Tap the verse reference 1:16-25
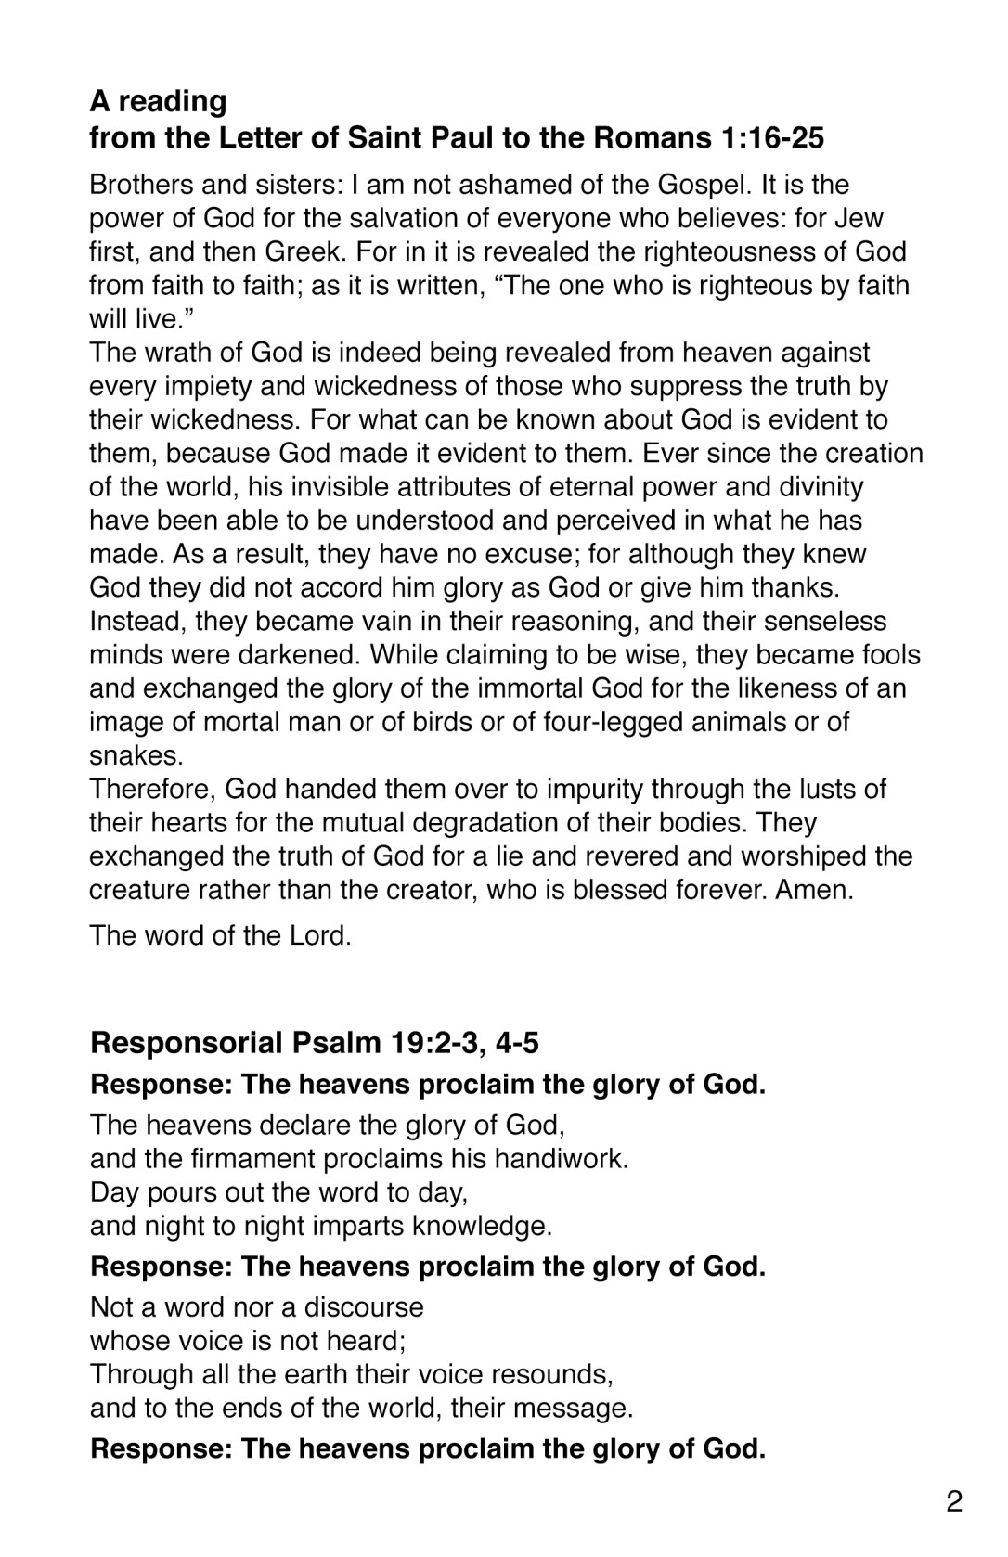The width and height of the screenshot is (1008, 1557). coord(771,138)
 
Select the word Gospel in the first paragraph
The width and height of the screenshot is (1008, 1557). coord(699,185)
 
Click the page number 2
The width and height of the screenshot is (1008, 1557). coord(954,1502)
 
